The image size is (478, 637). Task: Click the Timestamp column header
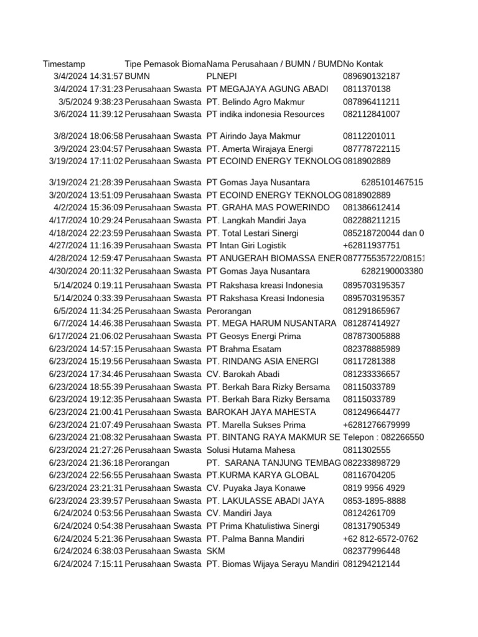click(64, 64)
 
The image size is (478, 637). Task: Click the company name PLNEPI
click(221, 77)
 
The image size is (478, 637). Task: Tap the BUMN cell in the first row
click(138, 77)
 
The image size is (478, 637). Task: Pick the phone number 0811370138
click(367, 89)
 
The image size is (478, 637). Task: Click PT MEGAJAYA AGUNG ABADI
click(267, 89)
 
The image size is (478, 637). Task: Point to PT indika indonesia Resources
click(265, 114)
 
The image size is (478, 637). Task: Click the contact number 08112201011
click(369, 136)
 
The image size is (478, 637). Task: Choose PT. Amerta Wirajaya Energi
click(268, 149)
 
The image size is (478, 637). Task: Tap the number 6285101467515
click(392, 182)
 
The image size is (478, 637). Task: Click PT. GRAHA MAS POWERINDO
click(268, 208)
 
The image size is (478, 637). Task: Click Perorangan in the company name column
click(228, 311)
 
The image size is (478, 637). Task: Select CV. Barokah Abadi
click(243, 374)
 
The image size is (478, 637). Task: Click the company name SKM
click(215, 552)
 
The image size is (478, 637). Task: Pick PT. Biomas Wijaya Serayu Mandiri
click(272, 564)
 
